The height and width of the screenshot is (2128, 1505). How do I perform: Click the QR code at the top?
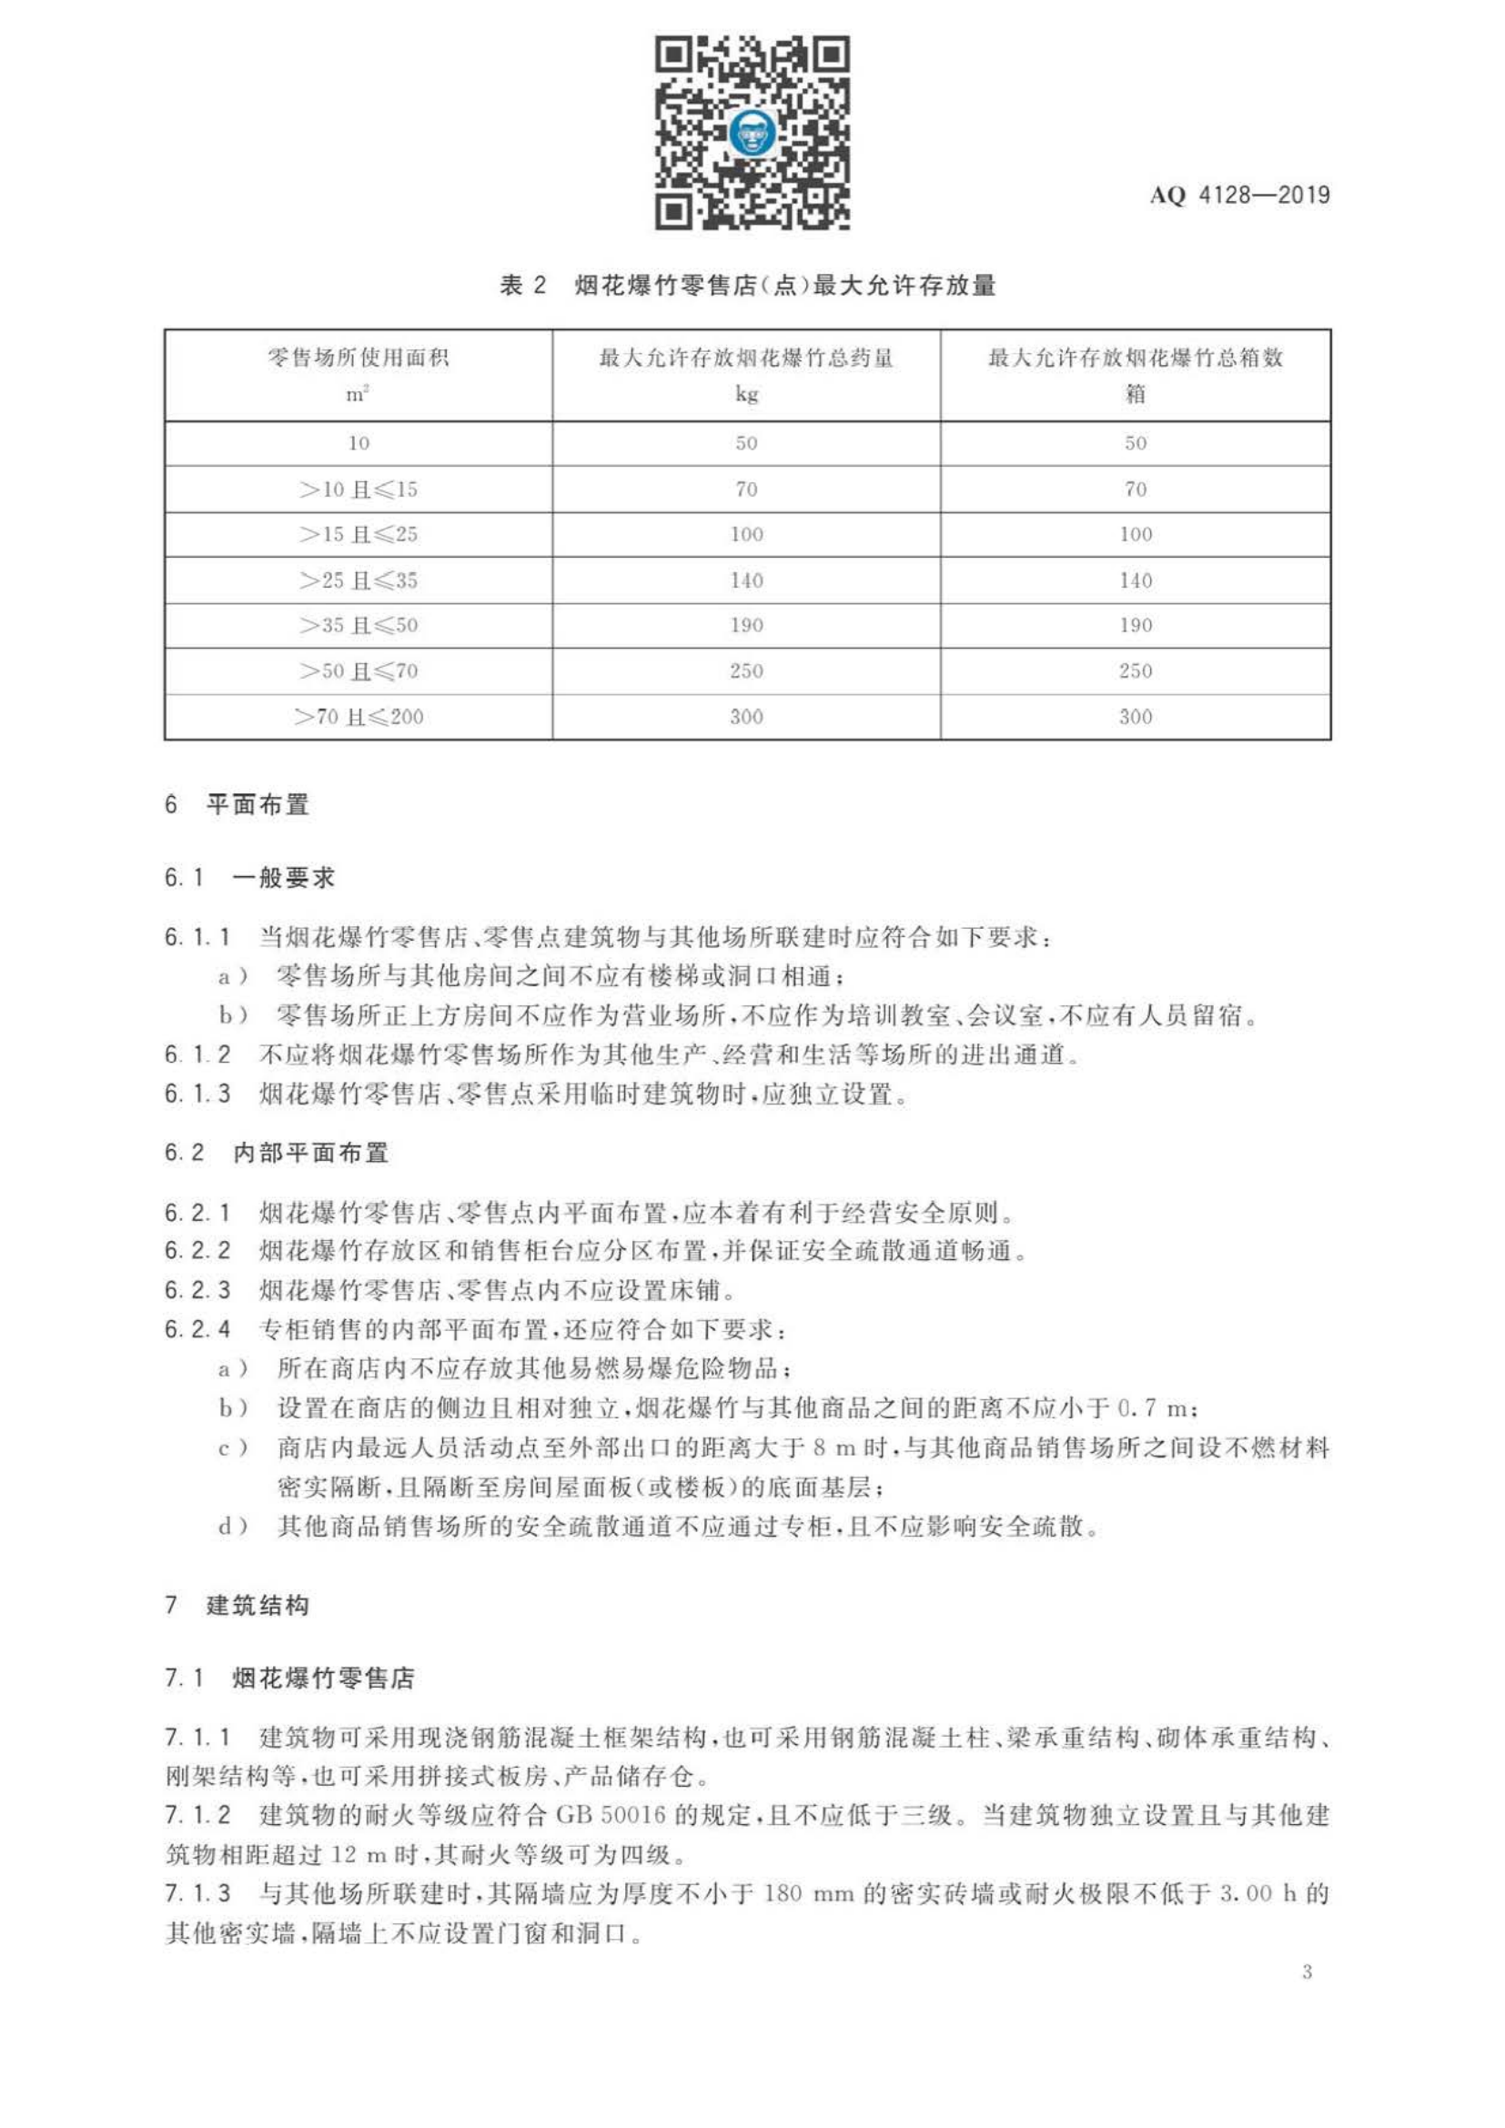pos(752,133)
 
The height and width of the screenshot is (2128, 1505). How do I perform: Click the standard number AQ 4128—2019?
pos(1239,196)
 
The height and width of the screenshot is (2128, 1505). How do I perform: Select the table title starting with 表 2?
pos(747,286)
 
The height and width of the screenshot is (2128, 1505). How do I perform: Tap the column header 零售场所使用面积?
pos(358,358)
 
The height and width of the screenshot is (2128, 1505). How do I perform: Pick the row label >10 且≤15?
pos(358,489)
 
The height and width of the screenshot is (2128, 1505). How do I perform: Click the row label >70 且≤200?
pos(358,716)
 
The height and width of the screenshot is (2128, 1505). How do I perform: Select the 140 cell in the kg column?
pos(746,580)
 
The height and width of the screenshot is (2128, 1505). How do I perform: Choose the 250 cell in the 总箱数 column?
pos(1136,671)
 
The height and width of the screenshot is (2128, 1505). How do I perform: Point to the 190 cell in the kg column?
pos(746,626)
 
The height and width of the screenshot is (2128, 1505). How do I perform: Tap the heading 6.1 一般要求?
pos(249,878)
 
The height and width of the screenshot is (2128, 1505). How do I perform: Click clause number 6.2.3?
pos(197,1290)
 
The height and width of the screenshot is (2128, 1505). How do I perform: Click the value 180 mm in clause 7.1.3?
pos(808,1892)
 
